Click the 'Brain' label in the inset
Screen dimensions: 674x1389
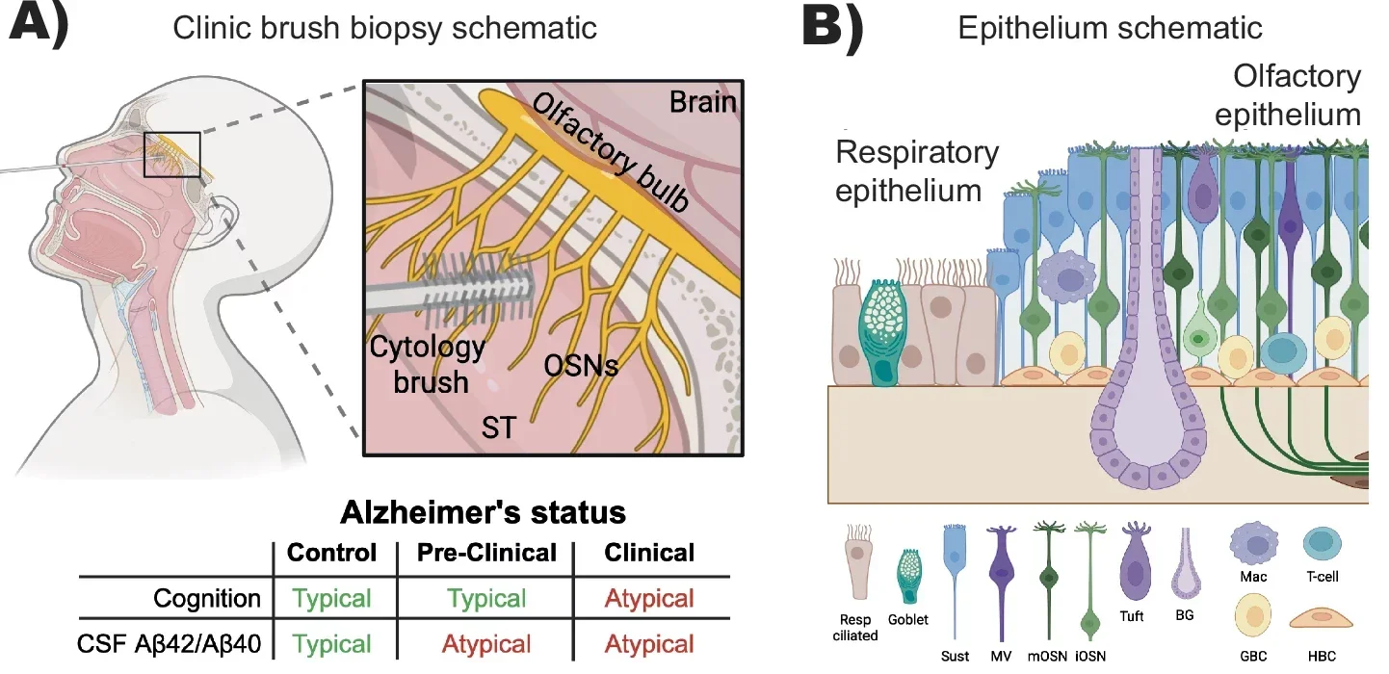point(703,101)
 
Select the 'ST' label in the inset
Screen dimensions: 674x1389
point(498,427)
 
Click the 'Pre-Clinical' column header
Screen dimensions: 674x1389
point(486,553)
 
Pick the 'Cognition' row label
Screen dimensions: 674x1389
point(207,598)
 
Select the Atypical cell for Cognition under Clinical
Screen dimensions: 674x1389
point(649,598)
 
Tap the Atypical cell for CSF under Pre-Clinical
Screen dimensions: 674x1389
point(486,643)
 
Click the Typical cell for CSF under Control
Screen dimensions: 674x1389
point(331,643)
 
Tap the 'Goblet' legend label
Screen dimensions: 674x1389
point(907,619)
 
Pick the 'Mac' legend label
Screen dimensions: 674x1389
point(1253,578)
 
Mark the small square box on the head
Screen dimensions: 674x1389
point(171,154)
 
